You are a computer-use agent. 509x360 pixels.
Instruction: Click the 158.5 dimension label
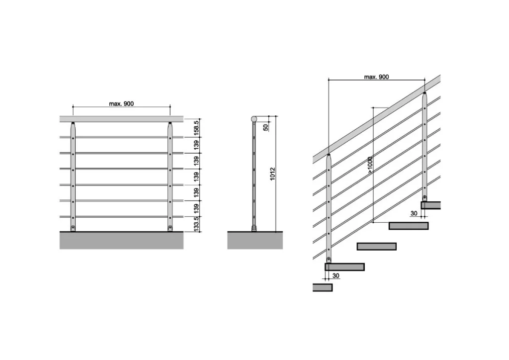pos(196,128)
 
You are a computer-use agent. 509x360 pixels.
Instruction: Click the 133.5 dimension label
pos(196,224)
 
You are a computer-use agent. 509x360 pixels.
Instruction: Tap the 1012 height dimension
pos(272,174)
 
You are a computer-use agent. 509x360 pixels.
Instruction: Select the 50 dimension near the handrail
pos(266,127)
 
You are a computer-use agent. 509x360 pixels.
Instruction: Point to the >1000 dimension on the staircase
pos(370,165)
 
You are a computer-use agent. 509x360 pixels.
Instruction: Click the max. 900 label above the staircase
pos(377,77)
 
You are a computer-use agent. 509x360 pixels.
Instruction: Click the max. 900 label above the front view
pos(121,103)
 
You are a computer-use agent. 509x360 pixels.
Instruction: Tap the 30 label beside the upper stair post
pos(414,213)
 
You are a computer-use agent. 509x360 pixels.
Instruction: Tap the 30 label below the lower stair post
pos(336,275)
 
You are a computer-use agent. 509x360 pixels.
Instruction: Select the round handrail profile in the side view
pos(254,119)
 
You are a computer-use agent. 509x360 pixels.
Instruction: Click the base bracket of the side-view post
pos(254,229)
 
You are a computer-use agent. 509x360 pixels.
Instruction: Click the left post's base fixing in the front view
pos(73,228)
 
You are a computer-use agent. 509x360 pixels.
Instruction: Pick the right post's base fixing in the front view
pos(170,228)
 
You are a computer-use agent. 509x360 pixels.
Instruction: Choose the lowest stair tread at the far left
pos(322,287)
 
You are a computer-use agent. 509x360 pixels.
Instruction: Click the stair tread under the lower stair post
pos(344,267)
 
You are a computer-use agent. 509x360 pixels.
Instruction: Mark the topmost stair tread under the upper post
pos(431,205)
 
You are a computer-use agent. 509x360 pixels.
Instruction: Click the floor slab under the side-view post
pos(255,240)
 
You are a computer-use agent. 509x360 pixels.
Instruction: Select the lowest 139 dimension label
pos(196,208)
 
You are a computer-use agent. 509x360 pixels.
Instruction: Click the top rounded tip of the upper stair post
pos(424,93)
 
